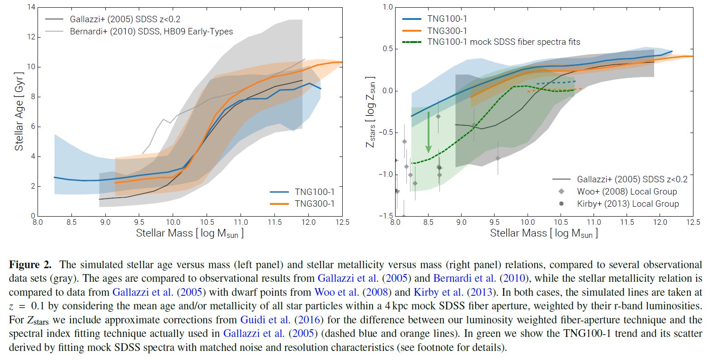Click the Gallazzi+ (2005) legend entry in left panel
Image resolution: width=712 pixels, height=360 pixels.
(125, 19)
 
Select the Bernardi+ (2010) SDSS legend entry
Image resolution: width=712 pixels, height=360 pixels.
(151, 31)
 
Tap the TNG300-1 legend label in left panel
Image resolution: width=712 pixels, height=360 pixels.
(315, 204)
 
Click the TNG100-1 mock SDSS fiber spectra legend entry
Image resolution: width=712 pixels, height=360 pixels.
(504, 42)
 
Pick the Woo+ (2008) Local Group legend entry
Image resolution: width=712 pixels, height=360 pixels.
(627, 191)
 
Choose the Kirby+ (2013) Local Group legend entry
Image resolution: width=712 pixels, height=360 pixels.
(627, 204)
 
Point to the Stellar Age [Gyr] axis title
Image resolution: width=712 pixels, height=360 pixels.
(19, 111)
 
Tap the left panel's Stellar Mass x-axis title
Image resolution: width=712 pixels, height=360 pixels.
(190, 233)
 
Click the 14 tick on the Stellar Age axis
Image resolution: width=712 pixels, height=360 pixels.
(31, 7)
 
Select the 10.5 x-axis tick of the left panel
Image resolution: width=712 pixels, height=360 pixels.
(207, 222)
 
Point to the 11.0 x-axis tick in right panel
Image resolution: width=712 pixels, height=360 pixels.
(594, 222)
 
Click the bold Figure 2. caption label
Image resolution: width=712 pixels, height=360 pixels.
(30, 265)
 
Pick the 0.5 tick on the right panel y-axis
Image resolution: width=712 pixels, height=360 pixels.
(388, 49)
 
